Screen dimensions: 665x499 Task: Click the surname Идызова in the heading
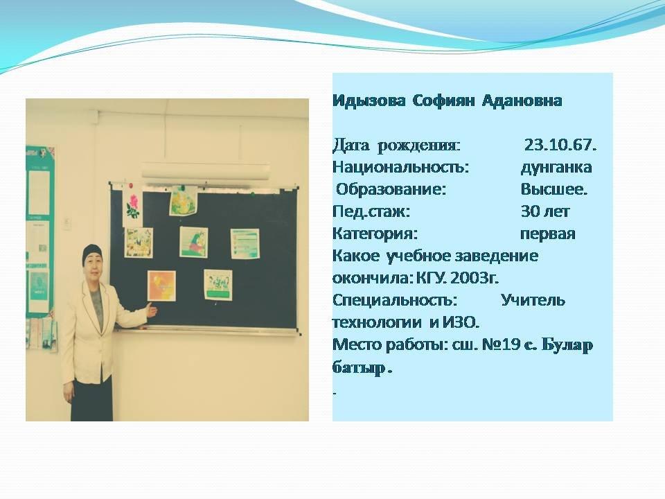369,101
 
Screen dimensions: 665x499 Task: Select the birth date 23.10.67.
560,145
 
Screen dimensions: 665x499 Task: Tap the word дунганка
556,168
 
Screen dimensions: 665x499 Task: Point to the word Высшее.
554,189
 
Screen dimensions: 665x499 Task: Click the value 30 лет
545,211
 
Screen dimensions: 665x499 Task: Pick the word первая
547,234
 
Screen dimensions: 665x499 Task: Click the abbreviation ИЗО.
461,323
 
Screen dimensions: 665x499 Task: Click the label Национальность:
400,167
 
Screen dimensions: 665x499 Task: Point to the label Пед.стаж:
371,212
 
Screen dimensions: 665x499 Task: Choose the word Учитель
533,300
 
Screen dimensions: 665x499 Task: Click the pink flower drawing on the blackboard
133,206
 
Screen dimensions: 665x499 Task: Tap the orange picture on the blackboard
161,286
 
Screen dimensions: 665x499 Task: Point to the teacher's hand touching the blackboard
152,310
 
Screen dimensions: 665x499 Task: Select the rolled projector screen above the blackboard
205,170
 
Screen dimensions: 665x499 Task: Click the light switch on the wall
67,222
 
